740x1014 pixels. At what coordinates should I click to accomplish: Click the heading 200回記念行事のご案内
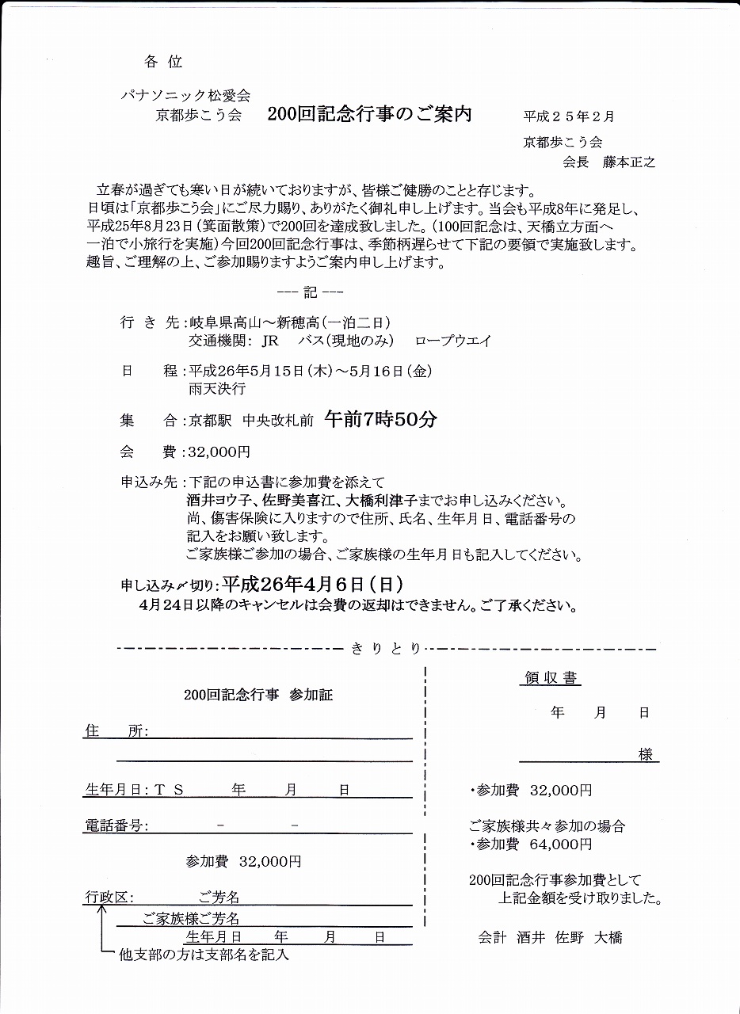[369, 114]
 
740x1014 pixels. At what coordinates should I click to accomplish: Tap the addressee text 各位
[164, 62]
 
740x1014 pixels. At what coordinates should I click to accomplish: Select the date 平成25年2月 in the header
[568, 116]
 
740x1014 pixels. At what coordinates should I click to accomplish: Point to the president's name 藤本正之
[628, 162]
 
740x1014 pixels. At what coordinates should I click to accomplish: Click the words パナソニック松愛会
[185, 95]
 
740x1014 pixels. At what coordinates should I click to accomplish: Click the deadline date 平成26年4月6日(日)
[313, 585]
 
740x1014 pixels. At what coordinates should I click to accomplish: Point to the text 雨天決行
[216, 388]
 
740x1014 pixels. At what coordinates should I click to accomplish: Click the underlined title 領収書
[551, 678]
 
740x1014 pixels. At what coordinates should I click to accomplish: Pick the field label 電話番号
[113, 825]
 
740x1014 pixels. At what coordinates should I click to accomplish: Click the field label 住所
[114, 731]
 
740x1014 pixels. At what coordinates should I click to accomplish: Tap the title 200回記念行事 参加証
[258, 695]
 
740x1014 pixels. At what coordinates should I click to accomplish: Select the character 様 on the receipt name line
[646, 755]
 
